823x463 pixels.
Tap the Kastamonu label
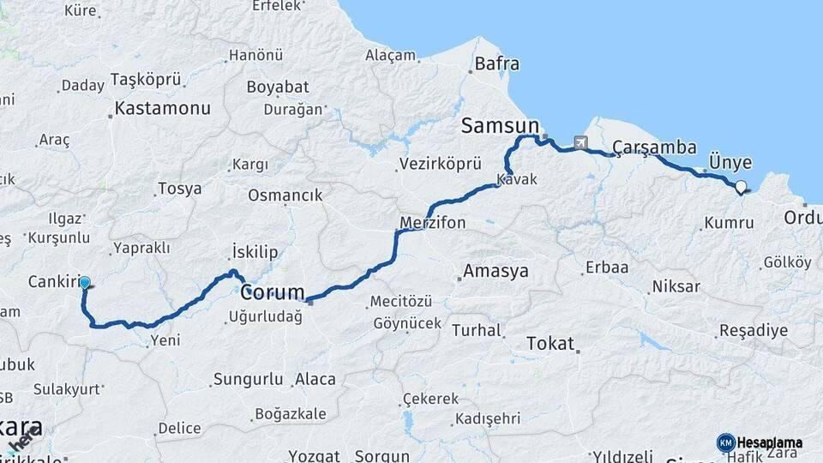pyautogui.click(x=162, y=109)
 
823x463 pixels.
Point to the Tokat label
pyautogui.click(x=550, y=342)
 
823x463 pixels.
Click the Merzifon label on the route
pyautogui.click(x=433, y=223)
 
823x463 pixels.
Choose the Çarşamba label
pyautogui.click(x=654, y=147)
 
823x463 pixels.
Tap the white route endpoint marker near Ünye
pyautogui.click(x=741, y=185)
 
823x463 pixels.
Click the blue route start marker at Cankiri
pyautogui.click(x=85, y=281)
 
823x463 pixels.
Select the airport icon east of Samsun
pyautogui.click(x=582, y=142)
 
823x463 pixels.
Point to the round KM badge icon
pyautogui.click(x=725, y=442)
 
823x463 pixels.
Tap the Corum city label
pyautogui.click(x=273, y=292)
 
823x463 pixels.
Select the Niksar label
pyautogui.click(x=676, y=286)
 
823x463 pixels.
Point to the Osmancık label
pyautogui.click(x=285, y=195)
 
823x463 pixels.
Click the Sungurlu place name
pyautogui.click(x=248, y=378)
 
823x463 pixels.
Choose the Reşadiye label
pyautogui.click(x=753, y=331)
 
